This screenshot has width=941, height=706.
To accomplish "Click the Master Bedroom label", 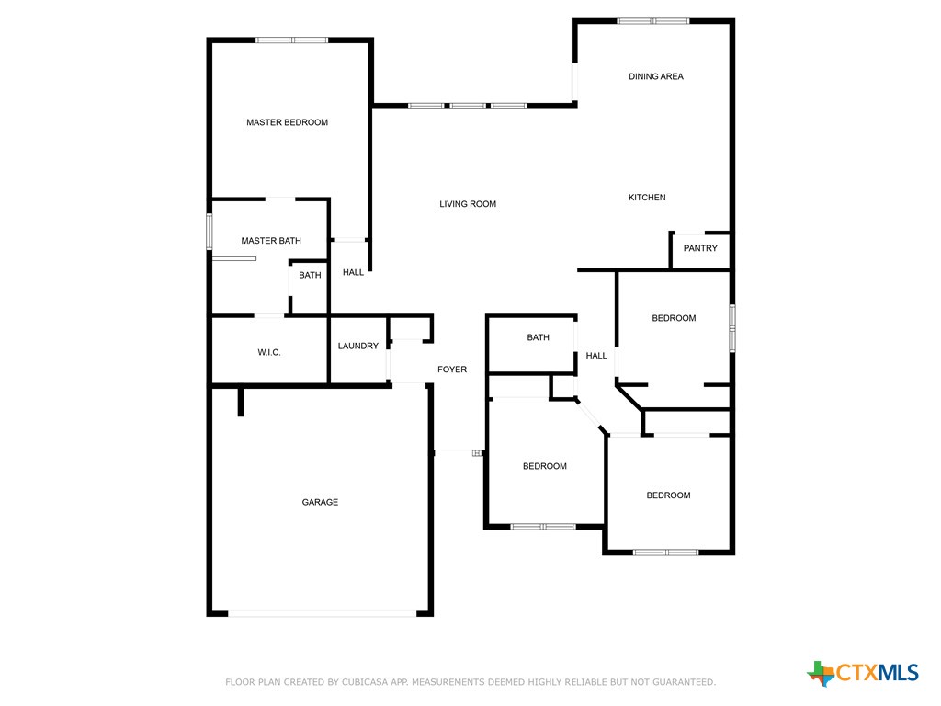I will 287,122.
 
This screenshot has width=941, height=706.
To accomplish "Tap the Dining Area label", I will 655,76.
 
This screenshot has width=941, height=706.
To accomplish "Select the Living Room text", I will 467,204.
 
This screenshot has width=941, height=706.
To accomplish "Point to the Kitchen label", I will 647,198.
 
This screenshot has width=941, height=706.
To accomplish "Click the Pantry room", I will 700,248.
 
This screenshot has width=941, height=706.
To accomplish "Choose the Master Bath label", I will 271,241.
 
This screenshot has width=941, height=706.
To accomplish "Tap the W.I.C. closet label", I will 268,352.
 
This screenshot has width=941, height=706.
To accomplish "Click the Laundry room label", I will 357,346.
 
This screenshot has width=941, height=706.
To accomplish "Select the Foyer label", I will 451,370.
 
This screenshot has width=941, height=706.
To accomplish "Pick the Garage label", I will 320,502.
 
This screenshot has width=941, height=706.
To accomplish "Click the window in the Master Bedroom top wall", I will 291,40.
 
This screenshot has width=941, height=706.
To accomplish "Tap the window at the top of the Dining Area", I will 652,20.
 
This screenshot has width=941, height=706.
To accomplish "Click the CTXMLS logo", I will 863,673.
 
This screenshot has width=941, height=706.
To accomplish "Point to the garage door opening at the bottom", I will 322,613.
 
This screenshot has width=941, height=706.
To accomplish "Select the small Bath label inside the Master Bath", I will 310,275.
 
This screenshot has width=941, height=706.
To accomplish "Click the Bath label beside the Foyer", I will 538,337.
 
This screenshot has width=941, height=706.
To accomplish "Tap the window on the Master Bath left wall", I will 210,231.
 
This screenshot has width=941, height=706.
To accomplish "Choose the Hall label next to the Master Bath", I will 353,272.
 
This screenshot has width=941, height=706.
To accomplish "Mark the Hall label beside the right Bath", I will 596,356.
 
